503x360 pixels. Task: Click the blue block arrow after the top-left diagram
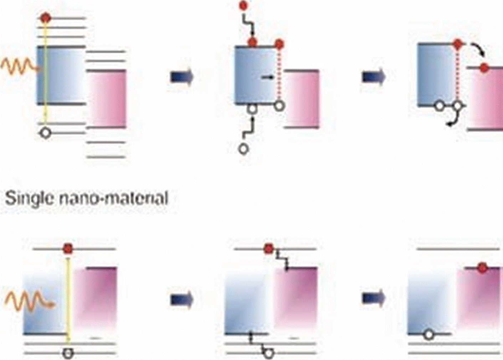[182, 77]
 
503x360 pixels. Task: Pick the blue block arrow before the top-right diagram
[374, 77]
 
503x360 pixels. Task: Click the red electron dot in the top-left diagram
[45, 17]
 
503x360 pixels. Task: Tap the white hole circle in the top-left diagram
[45, 133]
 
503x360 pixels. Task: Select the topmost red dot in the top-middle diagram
[243, 5]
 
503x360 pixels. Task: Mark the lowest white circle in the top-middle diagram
[243, 149]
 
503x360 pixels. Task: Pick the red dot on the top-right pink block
[483, 68]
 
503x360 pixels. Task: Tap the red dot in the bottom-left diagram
[68, 248]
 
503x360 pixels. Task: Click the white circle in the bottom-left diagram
[68, 353]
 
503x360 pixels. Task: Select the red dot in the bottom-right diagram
[482, 267]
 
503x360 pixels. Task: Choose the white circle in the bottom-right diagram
[429, 335]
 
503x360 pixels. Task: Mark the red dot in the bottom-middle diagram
[269, 248]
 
